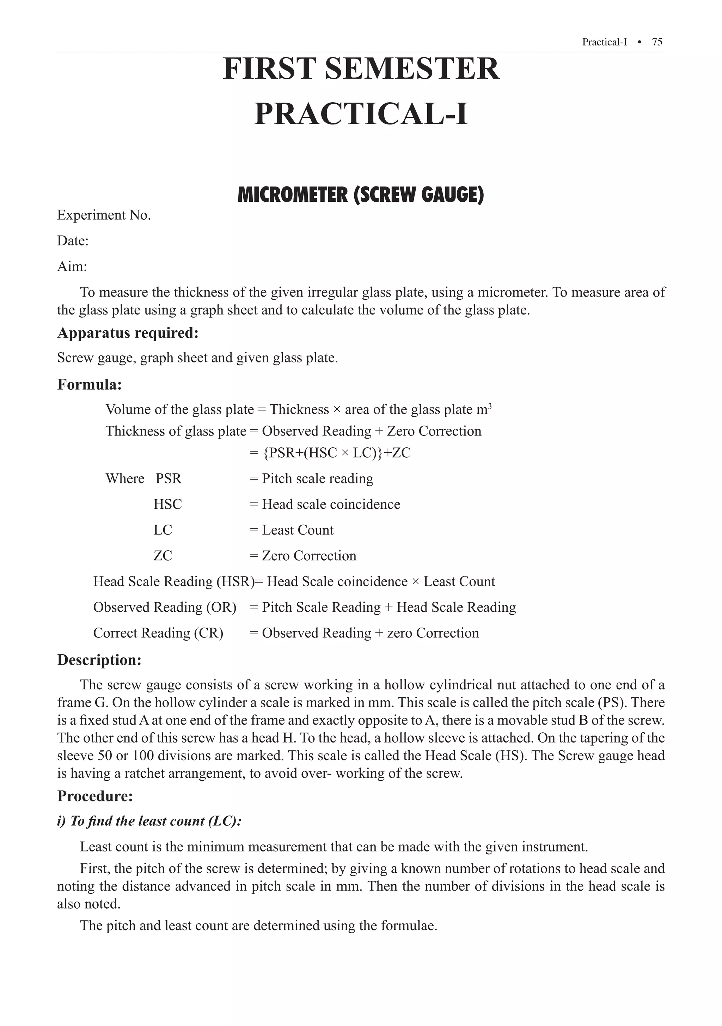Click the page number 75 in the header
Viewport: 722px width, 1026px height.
tap(657, 42)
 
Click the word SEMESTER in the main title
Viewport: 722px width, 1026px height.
tap(411, 69)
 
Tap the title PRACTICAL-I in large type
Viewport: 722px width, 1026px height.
tap(361, 114)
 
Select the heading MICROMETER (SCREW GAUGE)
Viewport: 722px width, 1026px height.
tap(361, 195)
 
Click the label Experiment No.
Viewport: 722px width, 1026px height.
tap(104, 215)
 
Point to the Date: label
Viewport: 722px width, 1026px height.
tap(73, 241)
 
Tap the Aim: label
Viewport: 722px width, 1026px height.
tap(72, 267)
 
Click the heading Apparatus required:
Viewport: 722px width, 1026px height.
tap(128, 333)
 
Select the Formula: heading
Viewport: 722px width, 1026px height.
tap(89, 384)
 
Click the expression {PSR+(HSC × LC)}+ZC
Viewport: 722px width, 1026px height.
tap(336, 453)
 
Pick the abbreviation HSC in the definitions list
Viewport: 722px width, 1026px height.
tap(167, 504)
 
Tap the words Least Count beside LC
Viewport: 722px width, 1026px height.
tap(298, 530)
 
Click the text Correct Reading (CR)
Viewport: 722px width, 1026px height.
tap(158, 633)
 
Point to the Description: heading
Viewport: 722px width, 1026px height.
tap(99, 660)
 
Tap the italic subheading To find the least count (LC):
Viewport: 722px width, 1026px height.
tap(155, 822)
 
